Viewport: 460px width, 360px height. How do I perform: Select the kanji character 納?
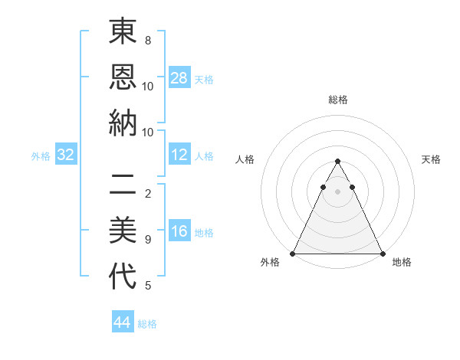[123, 123]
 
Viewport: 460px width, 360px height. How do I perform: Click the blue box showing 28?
[179, 78]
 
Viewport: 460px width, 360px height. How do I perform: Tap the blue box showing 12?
[179, 155]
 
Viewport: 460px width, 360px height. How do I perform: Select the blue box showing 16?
[179, 232]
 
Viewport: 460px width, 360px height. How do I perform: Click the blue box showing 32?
[66, 155]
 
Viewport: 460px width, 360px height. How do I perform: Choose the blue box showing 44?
[123, 323]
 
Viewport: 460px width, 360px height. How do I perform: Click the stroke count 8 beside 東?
[147, 40]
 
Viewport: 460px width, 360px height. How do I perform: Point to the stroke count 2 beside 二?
[147, 193]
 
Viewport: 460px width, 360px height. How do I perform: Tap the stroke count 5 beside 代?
[147, 286]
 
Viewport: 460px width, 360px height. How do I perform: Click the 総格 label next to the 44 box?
[147, 324]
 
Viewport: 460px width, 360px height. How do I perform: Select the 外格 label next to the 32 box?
[41, 156]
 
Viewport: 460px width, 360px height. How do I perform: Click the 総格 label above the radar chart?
[337, 100]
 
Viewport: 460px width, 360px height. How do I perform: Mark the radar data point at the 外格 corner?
[293, 254]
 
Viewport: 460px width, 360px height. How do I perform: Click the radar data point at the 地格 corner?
[382, 254]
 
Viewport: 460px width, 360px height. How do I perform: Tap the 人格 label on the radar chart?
[245, 159]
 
